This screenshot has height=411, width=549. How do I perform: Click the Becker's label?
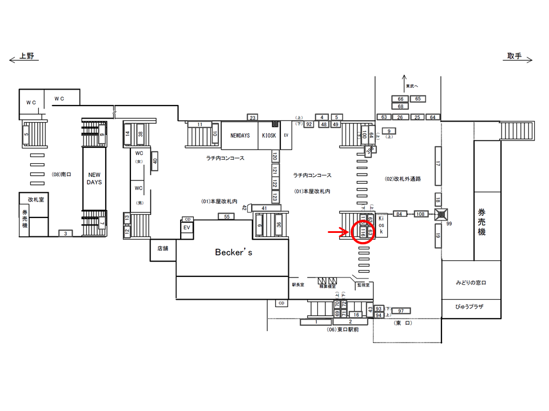click(233, 252)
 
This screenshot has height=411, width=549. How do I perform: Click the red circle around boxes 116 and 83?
click(362, 232)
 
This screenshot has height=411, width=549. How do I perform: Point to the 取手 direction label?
click(514, 56)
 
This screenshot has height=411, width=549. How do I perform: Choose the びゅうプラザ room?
click(471, 307)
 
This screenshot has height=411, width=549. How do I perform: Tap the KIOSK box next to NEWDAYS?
click(269, 136)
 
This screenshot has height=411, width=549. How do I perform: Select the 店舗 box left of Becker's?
click(162, 248)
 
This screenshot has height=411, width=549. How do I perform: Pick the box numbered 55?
click(227, 216)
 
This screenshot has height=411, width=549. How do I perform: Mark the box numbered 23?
click(253, 118)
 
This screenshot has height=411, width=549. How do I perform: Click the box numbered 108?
click(421, 214)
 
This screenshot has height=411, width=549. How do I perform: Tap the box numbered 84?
click(399, 214)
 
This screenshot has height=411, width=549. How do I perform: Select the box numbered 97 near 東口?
click(401, 311)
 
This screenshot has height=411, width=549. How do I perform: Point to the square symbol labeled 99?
click(440, 215)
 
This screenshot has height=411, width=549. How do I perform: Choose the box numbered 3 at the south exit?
click(66, 233)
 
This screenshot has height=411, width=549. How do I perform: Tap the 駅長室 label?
click(298, 284)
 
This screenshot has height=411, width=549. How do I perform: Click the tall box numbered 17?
click(438, 165)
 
